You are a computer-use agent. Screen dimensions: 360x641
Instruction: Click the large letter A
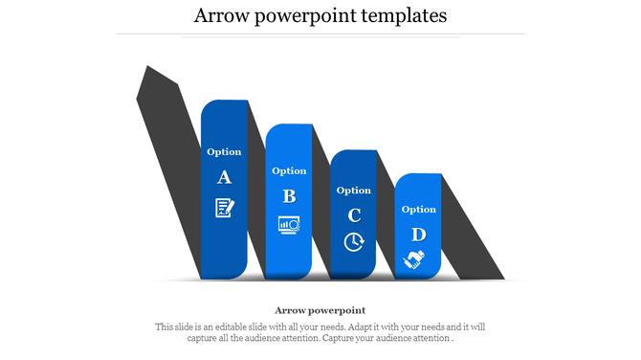click(225, 177)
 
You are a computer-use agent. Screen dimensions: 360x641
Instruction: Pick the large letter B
click(289, 196)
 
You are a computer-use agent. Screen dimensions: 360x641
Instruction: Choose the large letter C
click(354, 214)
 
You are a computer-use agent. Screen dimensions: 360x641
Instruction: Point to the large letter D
click(418, 235)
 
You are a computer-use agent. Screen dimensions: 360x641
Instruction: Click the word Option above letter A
click(225, 151)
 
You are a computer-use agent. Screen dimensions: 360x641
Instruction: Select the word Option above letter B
click(289, 170)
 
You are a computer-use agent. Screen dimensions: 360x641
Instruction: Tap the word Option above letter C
click(354, 190)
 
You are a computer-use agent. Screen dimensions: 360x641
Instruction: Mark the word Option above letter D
click(418, 209)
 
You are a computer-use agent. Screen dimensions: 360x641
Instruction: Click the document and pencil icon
click(224, 207)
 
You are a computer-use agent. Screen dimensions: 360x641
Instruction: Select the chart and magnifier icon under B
click(289, 225)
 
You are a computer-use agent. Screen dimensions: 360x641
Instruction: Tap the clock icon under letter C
click(354, 241)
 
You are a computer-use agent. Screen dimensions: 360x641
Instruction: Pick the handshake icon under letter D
click(415, 259)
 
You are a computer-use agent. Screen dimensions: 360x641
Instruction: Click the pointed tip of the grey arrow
click(146, 69)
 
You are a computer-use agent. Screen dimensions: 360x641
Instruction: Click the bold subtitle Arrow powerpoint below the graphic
click(320, 310)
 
